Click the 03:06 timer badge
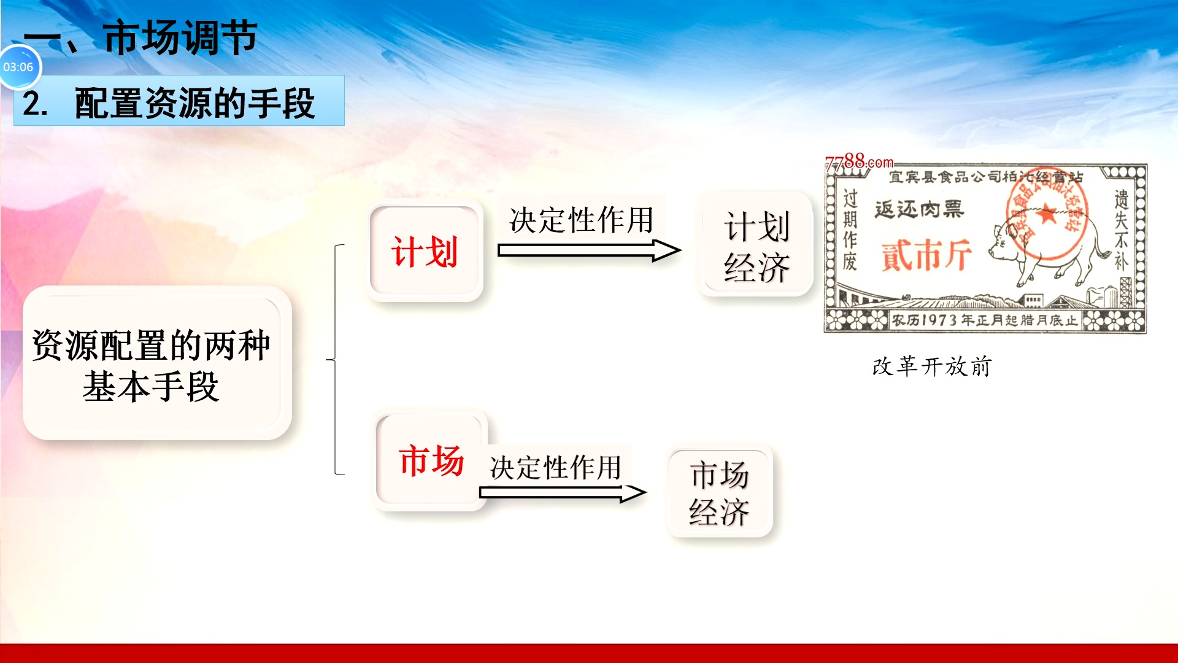(x=19, y=67)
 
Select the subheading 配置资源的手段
(x=194, y=103)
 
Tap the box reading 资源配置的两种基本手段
(x=156, y=363)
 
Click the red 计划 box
(x=425, y=252)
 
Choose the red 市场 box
(x=431, y=460)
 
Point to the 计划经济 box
(x=756, y=246)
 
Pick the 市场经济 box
(x=719, y=492)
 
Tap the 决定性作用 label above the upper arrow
(x=581, y=220)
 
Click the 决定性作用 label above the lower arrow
(x=555, y=467)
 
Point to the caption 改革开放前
(x=931, y=366)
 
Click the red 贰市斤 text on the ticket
(x=926, y=255)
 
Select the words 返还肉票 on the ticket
(x=919, y=209)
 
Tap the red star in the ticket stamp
(x=1047, y=215)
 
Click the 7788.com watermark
(x=859, y=162)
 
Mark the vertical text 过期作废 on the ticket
(x=850, y=230)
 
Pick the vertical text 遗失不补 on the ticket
(x=1121, y=230)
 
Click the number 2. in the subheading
(x=35, y=103)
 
